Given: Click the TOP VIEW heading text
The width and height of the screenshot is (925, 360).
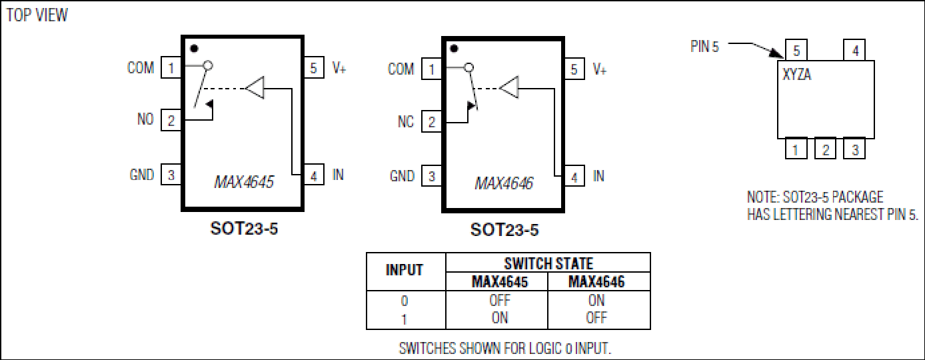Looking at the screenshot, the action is pyautogui.click(x=37, y=15).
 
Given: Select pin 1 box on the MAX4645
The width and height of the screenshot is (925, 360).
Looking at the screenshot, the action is pyautogui.click(x=171, y=67).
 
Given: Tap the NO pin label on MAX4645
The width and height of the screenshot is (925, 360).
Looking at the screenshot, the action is pyautogui.click(x=145, y=119).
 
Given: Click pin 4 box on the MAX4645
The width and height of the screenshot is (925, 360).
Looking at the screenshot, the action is pyautogui.click(x=314, y=175).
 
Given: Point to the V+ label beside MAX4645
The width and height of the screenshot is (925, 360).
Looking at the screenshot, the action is pyautogui.click(x=339, y=67).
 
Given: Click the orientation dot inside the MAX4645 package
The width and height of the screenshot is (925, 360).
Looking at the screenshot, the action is pyautogui.click(x=194, y=49).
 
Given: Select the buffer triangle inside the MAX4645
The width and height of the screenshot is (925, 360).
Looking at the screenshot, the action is pyautogui.click(x=255, y=87).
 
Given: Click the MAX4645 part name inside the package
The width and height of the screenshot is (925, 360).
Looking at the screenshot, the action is pyautogui.click(x=244, y=182).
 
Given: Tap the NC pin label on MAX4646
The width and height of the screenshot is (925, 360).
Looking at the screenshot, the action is pyautogui.click(x=405, y=121).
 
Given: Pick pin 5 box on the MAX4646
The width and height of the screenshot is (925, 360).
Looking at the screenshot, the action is pyautogui.click(x=574, y=69).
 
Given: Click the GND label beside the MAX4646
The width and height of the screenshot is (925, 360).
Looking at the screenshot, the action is pyautogui.click(x=402, y=176).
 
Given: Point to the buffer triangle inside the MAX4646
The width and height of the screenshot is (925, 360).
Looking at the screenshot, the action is pyautogui.click(x=508, y=87).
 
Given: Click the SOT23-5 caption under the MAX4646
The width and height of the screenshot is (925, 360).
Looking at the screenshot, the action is pyautogui.click(x=504, y=230).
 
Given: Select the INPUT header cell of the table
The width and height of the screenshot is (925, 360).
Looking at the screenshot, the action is pyautogui.click(x=405, y=270).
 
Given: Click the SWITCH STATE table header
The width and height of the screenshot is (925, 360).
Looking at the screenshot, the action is pyautogui.click(x=548, y=263).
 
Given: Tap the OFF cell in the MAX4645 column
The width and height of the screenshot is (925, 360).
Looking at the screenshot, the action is pyautogui.click(x=500, y=300).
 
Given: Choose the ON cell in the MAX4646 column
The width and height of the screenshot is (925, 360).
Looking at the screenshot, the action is pyautogui.click(x=596, y=300).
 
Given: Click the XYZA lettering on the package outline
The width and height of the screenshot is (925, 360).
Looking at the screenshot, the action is pyautogui.click(x=796, y=75).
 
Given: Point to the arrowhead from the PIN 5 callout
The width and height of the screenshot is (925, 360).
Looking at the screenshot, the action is pyautogui.click(x=777, y=53).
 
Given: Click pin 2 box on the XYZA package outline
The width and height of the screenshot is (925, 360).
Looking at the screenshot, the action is pyautogui.click(x=825, y=149).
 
